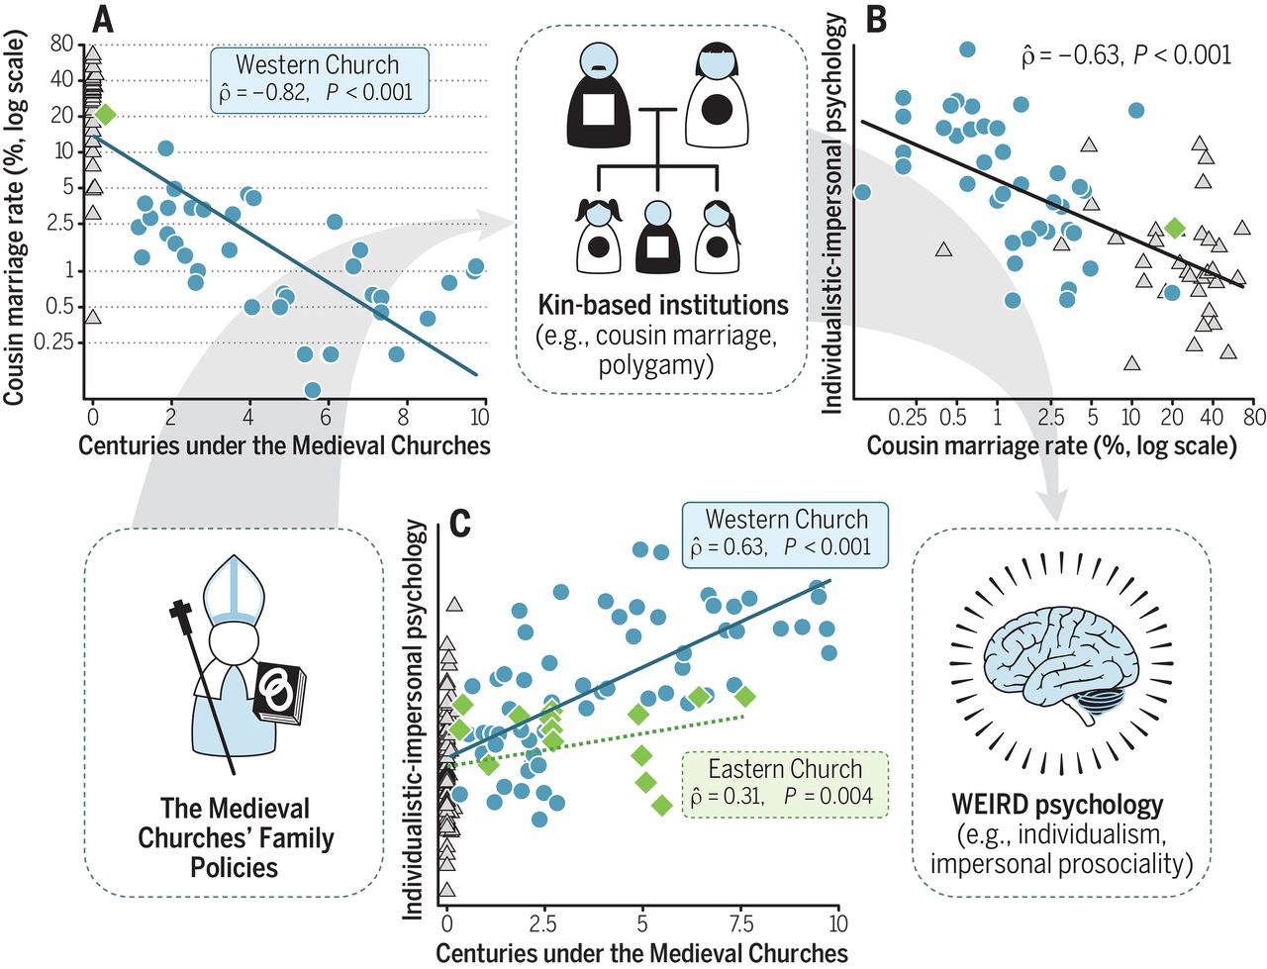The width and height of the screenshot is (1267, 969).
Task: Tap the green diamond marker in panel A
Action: (x=105, y=114)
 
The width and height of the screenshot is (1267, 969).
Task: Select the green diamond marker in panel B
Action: (x=1174, y=228)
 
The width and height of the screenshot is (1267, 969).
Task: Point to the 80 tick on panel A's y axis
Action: (x=61, y=44)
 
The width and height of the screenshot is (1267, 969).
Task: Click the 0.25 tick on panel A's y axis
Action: (x=53, y=342)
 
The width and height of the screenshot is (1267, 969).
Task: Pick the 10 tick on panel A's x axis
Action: (x=478, y=416)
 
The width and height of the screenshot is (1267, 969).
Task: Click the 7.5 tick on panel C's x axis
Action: (x=741, y=924)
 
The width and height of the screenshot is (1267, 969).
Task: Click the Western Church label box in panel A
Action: (x=319, y=79)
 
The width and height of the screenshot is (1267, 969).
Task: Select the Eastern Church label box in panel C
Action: (x=785, y=784)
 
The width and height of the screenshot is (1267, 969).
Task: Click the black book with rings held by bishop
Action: (x=280, y=692)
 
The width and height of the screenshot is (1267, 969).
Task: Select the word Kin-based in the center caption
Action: (x=592, y=305)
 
